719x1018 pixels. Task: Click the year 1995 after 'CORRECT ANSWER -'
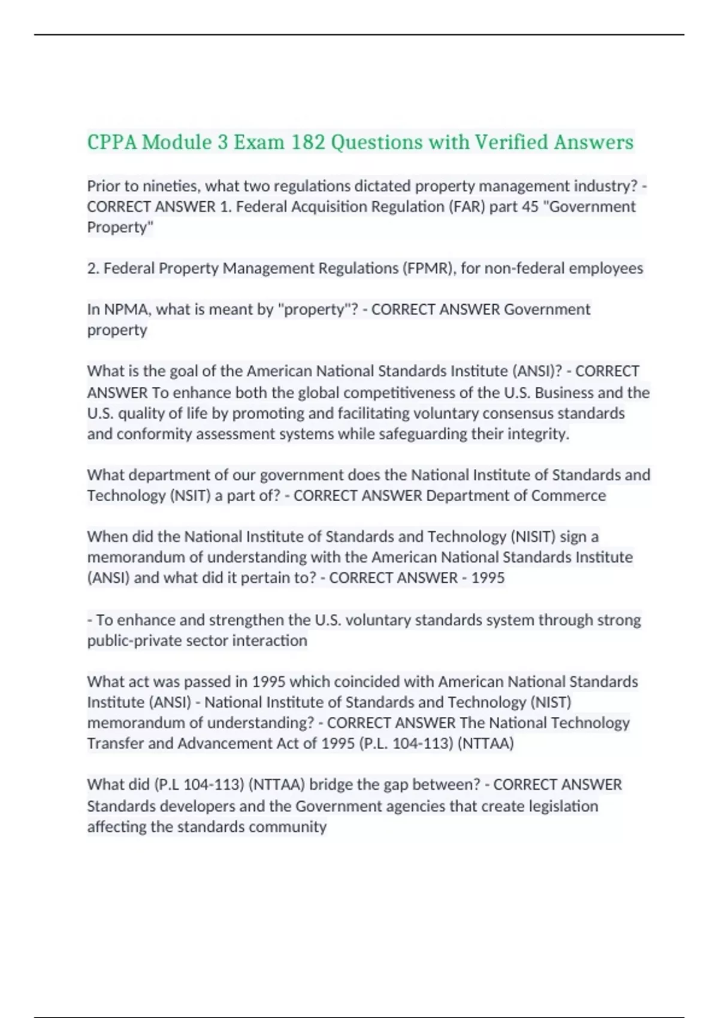(488, 578)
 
